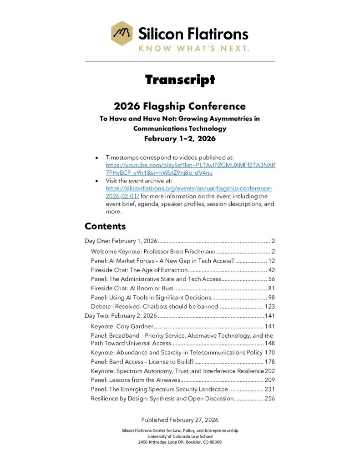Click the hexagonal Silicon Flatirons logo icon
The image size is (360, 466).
122,33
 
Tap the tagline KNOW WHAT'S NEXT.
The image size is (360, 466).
194,48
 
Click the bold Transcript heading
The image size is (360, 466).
180,80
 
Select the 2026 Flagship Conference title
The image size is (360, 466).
180,106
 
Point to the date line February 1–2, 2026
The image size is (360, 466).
180,138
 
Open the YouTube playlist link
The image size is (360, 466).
190,169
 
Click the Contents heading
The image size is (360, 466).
105,226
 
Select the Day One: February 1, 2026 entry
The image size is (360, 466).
121,241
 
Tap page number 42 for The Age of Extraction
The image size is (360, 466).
271,270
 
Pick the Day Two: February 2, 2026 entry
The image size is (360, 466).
121,315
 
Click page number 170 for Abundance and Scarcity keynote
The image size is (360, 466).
269,352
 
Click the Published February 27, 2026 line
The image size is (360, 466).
180,420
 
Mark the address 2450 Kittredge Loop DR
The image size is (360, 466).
180,442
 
